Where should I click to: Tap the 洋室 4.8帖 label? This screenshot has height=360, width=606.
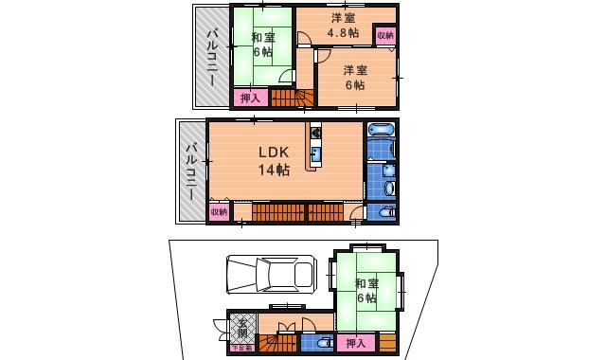(342, 27)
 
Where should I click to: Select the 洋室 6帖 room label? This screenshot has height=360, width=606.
(353, 77)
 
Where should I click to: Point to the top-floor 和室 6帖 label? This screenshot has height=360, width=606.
(263, 45)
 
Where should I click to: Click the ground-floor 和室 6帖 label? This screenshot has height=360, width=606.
(366, 291)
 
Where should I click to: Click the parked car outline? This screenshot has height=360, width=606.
(270, 275)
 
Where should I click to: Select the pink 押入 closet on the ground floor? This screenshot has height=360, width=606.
(356, 343)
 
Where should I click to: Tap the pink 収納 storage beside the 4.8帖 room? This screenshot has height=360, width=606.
(384, 36)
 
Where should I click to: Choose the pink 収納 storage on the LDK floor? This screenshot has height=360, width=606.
(218, 212)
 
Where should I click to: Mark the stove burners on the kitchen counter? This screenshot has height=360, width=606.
(314, 133)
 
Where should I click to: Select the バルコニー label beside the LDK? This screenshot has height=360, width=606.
(192, 171)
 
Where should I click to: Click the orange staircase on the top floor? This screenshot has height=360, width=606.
(292, 97)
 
